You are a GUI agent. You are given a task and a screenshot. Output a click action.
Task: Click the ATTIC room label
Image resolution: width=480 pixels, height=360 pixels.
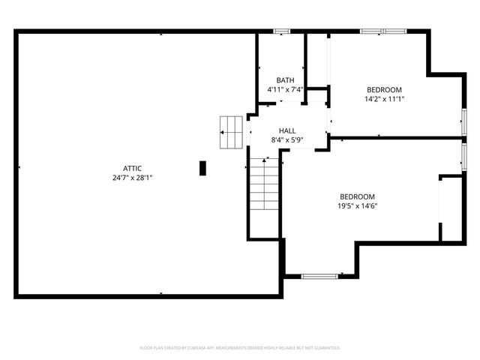[x=133, y=168]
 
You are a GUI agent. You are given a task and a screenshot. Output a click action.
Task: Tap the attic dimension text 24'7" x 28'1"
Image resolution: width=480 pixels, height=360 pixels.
[x=133, y=178]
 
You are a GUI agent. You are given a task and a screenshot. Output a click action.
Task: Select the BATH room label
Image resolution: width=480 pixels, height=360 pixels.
[x=285, y=80]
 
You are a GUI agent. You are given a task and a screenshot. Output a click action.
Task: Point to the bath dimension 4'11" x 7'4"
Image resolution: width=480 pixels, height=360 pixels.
[x=285, y=90]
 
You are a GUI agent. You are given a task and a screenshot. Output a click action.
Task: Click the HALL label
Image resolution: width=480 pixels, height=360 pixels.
[x=287, y=130]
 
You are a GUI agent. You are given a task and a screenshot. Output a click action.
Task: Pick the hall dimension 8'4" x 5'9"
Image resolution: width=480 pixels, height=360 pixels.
[x=287, y=140]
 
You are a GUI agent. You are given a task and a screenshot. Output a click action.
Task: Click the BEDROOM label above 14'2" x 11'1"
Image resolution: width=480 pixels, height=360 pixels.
[x=384, y=89]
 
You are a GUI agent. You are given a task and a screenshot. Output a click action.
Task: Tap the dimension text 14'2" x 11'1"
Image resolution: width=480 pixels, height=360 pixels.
[x=384, y=99]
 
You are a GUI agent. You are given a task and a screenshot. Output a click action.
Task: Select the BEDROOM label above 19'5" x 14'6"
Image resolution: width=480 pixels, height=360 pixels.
[x=357, y=196]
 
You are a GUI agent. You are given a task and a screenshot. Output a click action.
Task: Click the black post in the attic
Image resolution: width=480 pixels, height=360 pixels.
[x=202, y=168]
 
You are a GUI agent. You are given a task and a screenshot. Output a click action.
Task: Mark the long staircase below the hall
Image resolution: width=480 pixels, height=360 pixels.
[x=264, y=185]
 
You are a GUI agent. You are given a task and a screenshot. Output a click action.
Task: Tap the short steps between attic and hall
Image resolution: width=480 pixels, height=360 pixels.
[x=232, y=133]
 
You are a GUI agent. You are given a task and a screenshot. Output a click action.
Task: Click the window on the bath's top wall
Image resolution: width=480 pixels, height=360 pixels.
[x=281, y=31]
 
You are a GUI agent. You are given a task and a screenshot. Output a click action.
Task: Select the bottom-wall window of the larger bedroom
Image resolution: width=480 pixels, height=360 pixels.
[x=320, y=276]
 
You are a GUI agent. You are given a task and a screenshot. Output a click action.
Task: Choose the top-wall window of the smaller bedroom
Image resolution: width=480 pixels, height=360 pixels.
[x=382, y=31]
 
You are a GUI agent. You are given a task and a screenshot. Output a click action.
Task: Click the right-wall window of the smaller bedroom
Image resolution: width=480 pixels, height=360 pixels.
[x=464, y=119]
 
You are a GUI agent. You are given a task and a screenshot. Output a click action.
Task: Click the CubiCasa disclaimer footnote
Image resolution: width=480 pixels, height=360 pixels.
[x=240, y=348]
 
